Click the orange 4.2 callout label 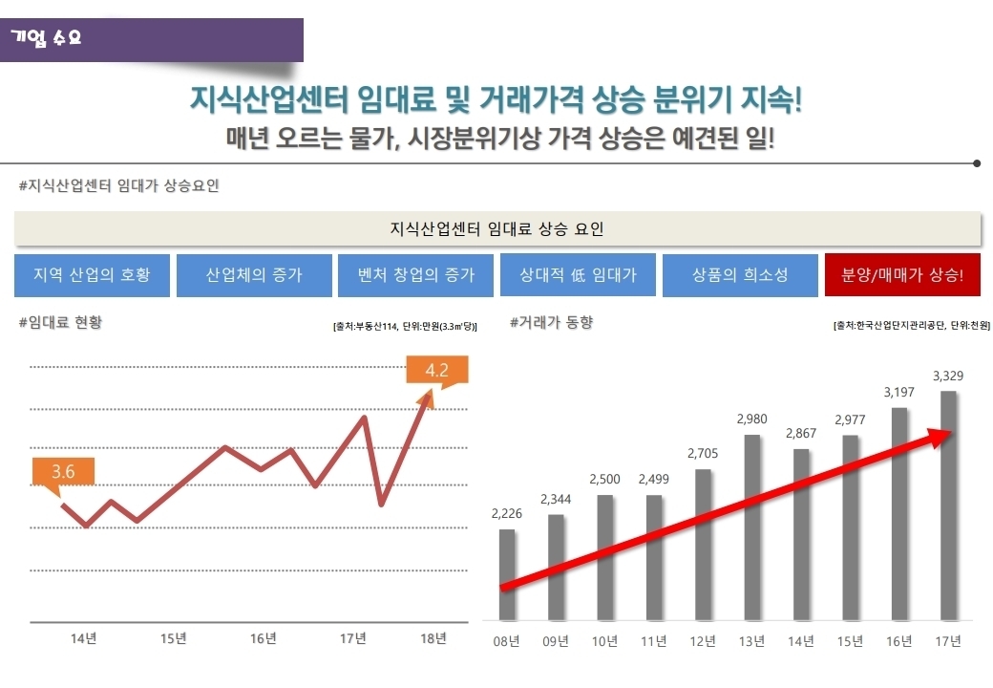click(x=437, y=370)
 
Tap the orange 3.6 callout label click(x=64, y=471)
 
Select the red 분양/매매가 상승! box click(x=902, y=275)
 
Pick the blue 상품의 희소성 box click(x=740, y=275)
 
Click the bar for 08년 click(x=507, y=573)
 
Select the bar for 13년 click(x=752, y=526)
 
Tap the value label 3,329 click(x=947, y=376)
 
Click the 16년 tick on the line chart click(x=264, y=638)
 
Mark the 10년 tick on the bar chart click(x=605, y=640)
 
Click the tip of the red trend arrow click(x=951, y=433)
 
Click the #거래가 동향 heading click(x=552, y=323)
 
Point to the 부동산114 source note click(x=406, y=327)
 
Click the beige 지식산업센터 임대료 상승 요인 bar click(x=497, y=229)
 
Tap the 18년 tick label click(x=433, y=638)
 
